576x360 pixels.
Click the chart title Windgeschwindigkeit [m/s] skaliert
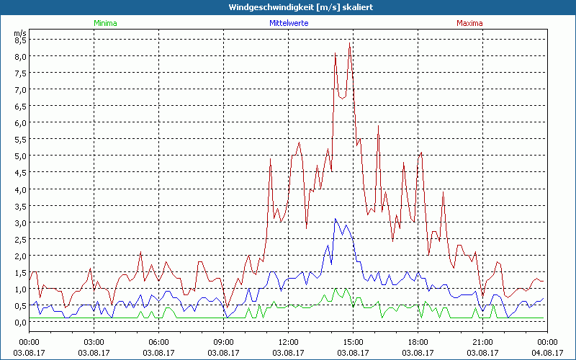tap(288, 7)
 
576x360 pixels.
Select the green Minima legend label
tap(105, 23)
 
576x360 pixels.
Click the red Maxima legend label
tap(471, 23)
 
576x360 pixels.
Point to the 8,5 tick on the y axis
tap(19, 40)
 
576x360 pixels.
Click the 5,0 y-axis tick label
tap(19, 156)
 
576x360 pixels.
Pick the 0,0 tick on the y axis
tap(19, 322)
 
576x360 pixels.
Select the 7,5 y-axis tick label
tap(19, 73)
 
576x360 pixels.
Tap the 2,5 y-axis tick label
tap(19, 239)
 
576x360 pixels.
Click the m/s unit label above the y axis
tap(19, 32)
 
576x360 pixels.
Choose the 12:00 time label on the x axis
tap(288, 342)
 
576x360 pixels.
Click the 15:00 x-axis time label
tap(353, 342)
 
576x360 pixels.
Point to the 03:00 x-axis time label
tap(94, 342)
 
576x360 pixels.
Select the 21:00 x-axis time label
tap(482, 342)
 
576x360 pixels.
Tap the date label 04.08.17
tap(546, 352)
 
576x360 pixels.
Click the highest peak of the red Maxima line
tap(349, 44)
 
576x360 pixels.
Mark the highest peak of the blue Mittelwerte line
tap(336, 219)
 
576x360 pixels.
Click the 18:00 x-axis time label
tap(418, 342)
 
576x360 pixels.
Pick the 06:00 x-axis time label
tap(159, 342)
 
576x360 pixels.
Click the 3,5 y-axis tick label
tap(19, 206)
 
